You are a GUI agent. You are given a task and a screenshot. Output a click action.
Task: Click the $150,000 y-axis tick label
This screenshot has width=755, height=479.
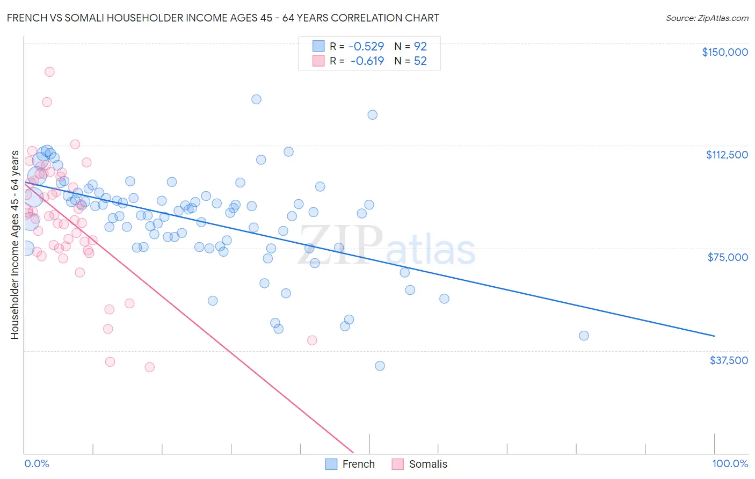724,52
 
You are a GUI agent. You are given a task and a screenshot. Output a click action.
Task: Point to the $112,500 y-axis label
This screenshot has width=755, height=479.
727,155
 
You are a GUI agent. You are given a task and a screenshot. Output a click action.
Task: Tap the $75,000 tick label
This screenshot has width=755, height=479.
728,257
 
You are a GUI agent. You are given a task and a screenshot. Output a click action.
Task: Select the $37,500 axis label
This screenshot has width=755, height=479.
729,360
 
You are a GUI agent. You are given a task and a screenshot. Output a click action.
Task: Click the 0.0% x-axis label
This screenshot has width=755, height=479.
37,463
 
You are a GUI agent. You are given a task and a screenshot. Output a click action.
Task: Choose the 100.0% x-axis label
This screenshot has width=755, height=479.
730,463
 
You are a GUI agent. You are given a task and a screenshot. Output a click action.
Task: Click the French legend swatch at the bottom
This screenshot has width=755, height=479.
331,464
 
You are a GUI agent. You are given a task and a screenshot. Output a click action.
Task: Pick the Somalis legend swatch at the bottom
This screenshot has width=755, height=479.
397,464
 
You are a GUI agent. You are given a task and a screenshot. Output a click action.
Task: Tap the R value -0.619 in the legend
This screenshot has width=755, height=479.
367,61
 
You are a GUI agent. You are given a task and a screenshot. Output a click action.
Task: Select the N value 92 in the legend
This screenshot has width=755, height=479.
420,47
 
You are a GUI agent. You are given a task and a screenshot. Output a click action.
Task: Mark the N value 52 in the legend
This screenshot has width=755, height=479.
420,61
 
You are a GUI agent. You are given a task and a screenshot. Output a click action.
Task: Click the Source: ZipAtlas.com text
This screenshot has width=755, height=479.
707,18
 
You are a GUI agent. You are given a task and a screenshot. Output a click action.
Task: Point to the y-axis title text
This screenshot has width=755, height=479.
14,245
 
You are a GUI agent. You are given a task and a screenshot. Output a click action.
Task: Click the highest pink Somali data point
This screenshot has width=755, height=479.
49,72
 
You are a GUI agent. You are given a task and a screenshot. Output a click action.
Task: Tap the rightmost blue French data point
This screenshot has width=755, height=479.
584,336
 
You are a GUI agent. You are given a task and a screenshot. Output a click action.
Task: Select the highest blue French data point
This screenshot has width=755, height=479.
256,99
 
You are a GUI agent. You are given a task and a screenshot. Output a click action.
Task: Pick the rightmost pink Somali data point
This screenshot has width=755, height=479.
312,340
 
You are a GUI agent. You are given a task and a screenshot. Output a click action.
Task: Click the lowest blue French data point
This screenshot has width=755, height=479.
380,366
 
